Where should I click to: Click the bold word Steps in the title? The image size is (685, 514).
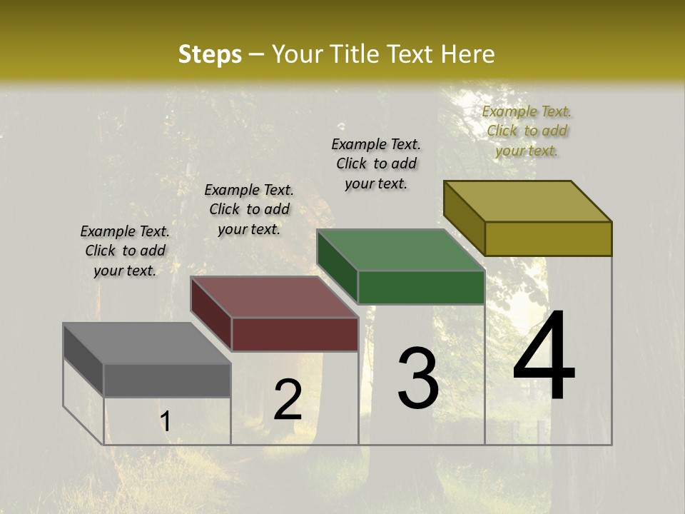209,54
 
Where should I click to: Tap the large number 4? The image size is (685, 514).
544,356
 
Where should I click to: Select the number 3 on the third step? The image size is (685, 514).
418,378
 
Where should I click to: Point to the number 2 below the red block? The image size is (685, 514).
288,400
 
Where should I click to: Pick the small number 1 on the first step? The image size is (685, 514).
165,422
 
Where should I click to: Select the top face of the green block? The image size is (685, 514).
400,250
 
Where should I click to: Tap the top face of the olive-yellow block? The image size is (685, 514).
527,201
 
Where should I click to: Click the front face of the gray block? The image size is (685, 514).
167,380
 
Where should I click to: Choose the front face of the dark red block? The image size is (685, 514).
295,334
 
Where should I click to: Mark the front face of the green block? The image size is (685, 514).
421,287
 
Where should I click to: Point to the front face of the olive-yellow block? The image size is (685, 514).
548,238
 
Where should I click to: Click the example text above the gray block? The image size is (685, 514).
125,251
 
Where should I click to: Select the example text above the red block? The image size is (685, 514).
249,209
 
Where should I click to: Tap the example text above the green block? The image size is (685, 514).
376,163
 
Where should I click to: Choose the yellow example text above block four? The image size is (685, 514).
527,131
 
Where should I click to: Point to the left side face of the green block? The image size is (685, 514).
337,266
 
